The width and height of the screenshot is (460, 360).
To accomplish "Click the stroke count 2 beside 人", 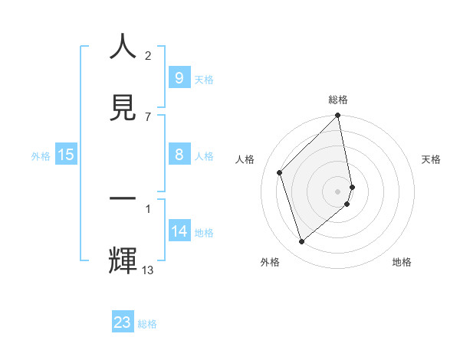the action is pyautogui.click(x=148, y=56).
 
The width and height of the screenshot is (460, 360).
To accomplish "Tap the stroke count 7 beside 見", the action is pyautogui.click(x=148, y=116).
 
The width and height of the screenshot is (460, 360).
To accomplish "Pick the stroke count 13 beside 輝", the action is pyautogui.click(x=148, y=270).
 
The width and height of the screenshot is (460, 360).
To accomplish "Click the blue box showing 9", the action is pyautogui.click(x=179, y=78).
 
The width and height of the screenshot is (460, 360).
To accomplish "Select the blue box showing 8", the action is pyautogui.click(x=179, y=155).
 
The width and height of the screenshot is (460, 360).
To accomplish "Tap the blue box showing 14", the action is pyautogui.click(x=179, y=231).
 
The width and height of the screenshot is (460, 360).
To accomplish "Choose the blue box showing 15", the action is pyautogui.click(x=66, y=155).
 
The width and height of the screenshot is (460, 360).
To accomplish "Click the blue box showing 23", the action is pyautogui.click(x=123, y=322).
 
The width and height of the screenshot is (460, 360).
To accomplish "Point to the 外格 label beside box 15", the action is pyautogui.click(x=41, y=155).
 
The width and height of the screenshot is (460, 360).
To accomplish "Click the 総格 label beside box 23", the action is pyautogui.click(x=147, y=323).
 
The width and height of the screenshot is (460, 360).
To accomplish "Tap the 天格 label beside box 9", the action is pyautogui.click(x=204, y=79).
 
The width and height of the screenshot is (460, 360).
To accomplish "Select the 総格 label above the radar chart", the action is pyautogui.click(x=338, y=100).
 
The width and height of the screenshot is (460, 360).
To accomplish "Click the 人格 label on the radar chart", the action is pyautogui.click(x=245, y=159).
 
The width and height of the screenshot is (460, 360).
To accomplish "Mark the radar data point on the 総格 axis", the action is pyautogui.click(x=338, y=116).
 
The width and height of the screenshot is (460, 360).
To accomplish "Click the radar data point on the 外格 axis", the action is pyautogui.click(x=302, y=241).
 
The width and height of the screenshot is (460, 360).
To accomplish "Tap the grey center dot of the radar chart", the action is pyautogui.click(x=338, y=191).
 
